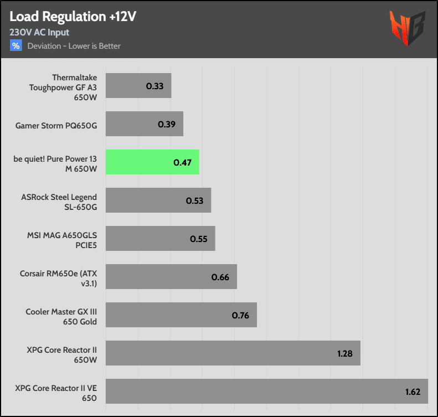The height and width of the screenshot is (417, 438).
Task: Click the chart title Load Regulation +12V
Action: (x=73, y=17)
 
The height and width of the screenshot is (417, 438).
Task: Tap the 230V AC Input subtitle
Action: (x=39, y=32)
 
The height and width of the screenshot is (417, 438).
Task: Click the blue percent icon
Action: (x=16, y=45)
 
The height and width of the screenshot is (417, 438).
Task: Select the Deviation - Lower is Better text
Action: (x=74, y=45)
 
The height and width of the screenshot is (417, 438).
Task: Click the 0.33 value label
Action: (x=154, y=86)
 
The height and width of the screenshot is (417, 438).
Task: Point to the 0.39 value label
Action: (x=167, y=124)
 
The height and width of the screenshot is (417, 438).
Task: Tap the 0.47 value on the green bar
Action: (x=182, y=162)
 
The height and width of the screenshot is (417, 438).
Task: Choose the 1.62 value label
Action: (x=412, y=392)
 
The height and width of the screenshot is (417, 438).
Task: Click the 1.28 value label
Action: (x=345, y=353)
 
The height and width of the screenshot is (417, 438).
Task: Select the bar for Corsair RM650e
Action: (x=171, y=277)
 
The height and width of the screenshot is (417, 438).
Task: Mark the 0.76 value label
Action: (x=240, y=315)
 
